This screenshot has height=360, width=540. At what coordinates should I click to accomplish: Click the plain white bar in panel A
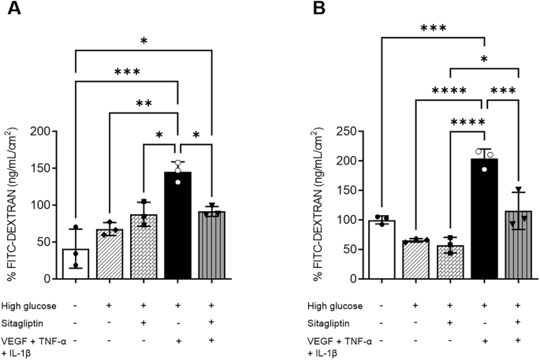coord(76,264)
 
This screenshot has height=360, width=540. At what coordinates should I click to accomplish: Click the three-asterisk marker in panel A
coord(127,72)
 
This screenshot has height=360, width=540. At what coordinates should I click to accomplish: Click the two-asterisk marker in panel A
coord(143,104)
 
